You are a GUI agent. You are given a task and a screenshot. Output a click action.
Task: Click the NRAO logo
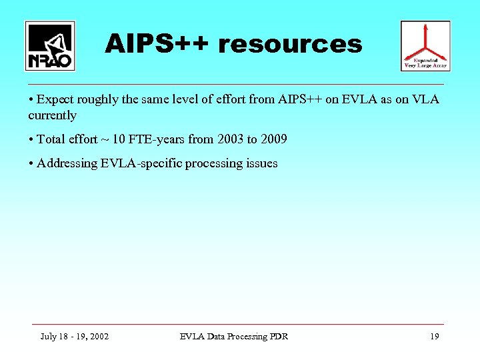point(50,45)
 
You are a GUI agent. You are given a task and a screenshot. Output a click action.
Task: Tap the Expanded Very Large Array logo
point(425,45)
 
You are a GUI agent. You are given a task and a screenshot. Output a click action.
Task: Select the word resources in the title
point(291,45)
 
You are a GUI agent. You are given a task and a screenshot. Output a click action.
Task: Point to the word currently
point(52,115)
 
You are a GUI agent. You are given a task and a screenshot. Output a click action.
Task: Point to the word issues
point(261,163)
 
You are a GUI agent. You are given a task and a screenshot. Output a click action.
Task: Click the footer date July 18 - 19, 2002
point(75,336)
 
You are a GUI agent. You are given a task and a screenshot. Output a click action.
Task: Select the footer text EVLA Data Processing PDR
point(234,336)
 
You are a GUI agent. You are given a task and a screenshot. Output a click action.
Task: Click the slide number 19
point(435,336)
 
